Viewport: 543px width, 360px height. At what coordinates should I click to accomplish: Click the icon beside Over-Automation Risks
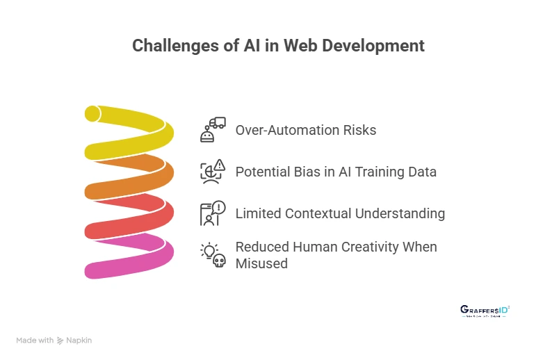213,130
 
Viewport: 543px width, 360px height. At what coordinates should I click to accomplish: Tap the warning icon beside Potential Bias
213,171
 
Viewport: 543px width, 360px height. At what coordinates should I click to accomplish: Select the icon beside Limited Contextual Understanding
213,213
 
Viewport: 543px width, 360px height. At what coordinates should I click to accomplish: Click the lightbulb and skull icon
213,254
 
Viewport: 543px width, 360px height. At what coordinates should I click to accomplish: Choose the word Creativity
365,247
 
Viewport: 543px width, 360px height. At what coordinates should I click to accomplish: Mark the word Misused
261,263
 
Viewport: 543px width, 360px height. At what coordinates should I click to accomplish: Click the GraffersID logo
485,311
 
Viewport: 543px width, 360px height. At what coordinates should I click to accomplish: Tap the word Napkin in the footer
79,341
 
